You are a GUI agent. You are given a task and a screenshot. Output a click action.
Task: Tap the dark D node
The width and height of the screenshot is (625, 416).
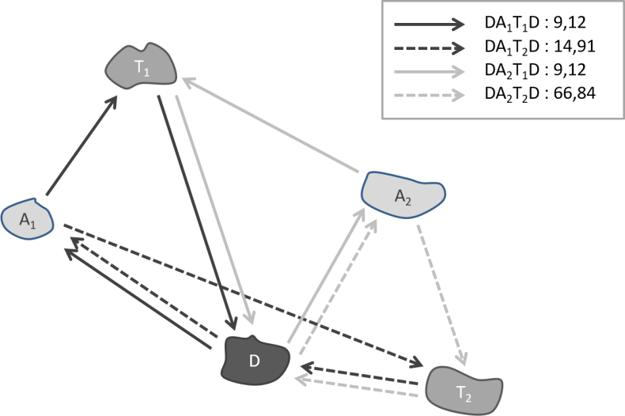click(254, 361)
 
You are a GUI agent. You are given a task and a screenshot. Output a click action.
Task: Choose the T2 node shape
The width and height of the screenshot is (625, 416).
click(464, 388)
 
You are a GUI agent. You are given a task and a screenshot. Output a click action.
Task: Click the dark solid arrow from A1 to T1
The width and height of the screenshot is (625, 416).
click(81, 146)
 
